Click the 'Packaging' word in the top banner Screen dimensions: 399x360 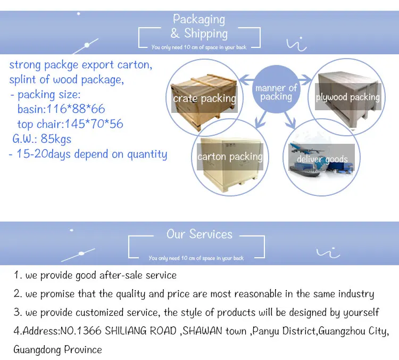coord(199,20)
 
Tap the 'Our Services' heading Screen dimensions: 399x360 coord(199,234)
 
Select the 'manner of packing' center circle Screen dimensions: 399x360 coord(276,89)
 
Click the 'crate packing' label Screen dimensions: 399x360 coord(205,99)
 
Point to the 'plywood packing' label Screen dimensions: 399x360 coord(347,97)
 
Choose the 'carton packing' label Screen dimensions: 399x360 coord(230,157)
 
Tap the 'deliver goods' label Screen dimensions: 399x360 coord(322,159)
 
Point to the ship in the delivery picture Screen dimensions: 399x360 coord(304,171)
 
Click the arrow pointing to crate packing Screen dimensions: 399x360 coord(246,80)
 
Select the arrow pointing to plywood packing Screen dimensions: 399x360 coord(305,80)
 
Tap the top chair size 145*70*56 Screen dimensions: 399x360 coord(94,124)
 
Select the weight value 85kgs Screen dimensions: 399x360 coord(56,139)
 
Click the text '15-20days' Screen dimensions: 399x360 coord(44,154)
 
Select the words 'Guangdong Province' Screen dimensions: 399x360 coord(58,350)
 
